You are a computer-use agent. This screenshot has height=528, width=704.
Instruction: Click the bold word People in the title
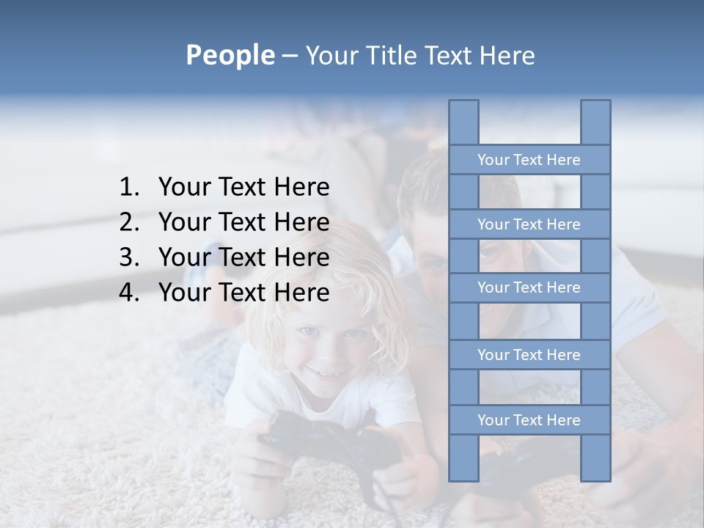coord(230,55)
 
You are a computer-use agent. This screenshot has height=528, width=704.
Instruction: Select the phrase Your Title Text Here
coord(419,56)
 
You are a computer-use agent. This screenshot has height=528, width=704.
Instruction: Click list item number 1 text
coord(243,187)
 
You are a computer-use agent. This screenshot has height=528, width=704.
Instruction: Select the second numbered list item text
coord(243,222)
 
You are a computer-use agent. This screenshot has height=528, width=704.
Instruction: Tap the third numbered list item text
coord(243,257)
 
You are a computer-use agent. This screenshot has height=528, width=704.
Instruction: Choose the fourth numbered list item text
coord(243,293)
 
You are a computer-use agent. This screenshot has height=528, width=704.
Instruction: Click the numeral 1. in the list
coord(129,187)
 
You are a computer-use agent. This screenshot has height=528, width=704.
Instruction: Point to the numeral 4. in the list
coord(129,293)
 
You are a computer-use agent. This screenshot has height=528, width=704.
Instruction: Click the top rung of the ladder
coord(529,160)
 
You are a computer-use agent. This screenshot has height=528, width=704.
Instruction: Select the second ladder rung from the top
coord(529,224)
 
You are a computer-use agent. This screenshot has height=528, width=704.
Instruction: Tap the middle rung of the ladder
coord(529,287)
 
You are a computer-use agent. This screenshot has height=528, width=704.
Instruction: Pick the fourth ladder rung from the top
coord(529,355)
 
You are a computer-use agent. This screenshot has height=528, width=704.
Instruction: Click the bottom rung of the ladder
coord(529,420)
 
